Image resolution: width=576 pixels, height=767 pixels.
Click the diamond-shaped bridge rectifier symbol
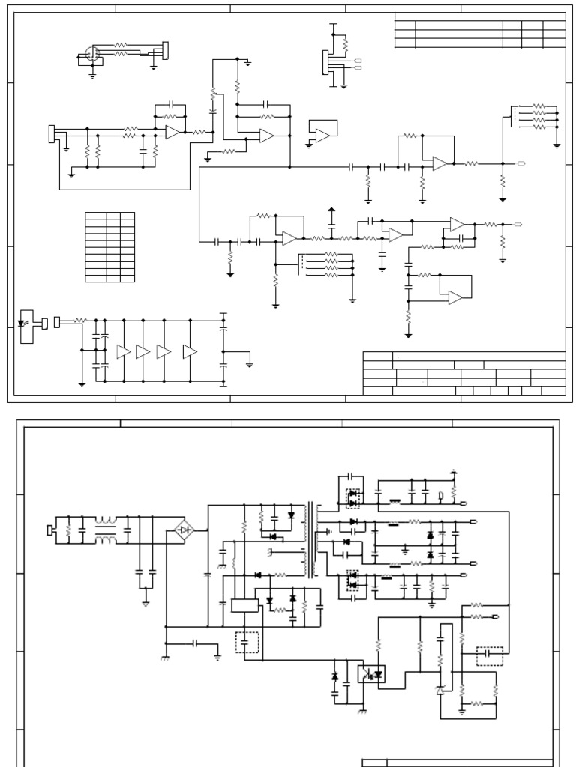pyautogui.click(x=184, y=530)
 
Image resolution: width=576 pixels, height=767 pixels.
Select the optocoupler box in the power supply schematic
pyautogui.click(x=371, y=673)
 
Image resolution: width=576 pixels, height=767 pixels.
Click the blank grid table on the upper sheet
pyautogui.click(x=109, y=247)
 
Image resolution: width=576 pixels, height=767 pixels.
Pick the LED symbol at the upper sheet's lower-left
pyautogui.click(x=22, y=324)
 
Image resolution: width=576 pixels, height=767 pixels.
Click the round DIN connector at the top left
pyautogui.click(x=92, y=55)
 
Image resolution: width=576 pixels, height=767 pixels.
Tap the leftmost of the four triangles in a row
pyautogui.click(x=123, y=352)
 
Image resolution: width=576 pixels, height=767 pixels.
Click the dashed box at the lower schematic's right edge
pyautogui.click(x=490, y=656)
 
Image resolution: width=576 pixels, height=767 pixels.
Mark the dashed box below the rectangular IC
pyautogui.click(x=247, y=643)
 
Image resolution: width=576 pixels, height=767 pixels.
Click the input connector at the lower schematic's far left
pyautogui.click(x=49, y=531)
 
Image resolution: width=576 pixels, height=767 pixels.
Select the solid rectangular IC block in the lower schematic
pyautogui.click(x=244, y=605)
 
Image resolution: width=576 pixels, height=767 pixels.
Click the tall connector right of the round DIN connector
pyautogui.click(x=165, y=49)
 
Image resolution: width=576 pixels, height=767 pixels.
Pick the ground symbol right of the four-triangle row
pyautogui.click(x=250, y=365)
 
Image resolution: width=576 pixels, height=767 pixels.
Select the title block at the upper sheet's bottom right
pyautogui.click(x=463, y=373)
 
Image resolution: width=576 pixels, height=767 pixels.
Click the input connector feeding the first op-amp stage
pyautogui.click(x=51, y=133)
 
